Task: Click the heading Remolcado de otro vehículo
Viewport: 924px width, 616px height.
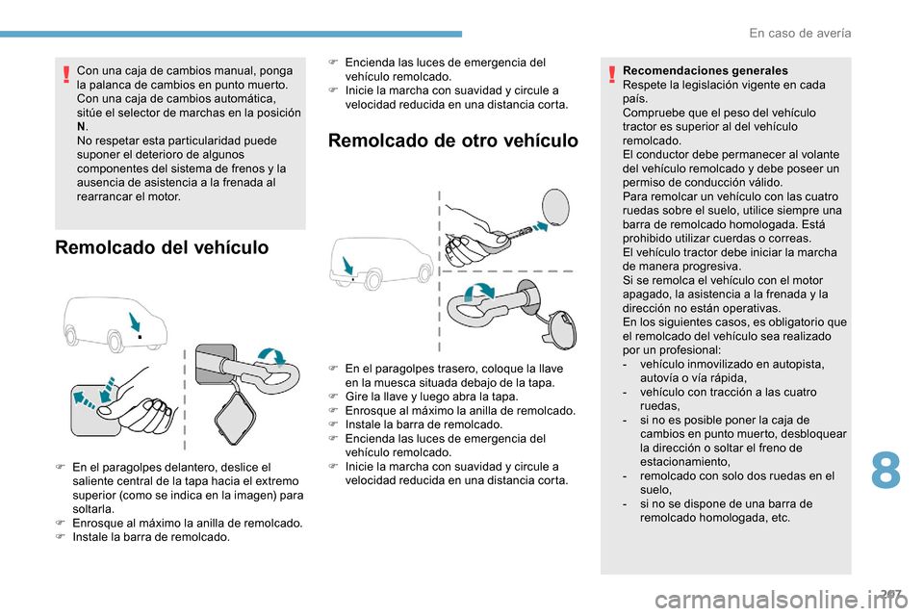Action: (453, 141)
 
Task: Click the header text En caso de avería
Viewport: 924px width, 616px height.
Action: (799, 33)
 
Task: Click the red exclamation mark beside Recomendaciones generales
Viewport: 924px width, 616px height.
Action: (613, 71)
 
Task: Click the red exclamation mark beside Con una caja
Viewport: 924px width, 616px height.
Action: (64, 72)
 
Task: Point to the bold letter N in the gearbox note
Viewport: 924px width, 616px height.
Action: (81, 126)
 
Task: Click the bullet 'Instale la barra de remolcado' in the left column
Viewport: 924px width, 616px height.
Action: (150, 537)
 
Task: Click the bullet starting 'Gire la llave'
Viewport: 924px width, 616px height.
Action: (430, 397)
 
